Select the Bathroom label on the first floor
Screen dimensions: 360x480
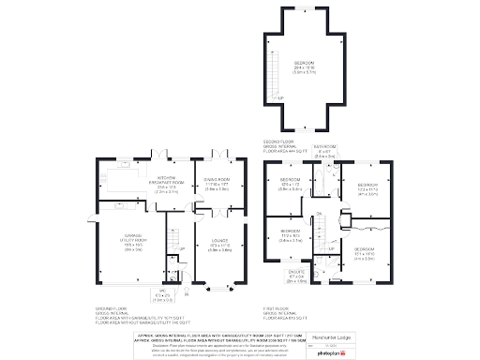coord(324,151)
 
